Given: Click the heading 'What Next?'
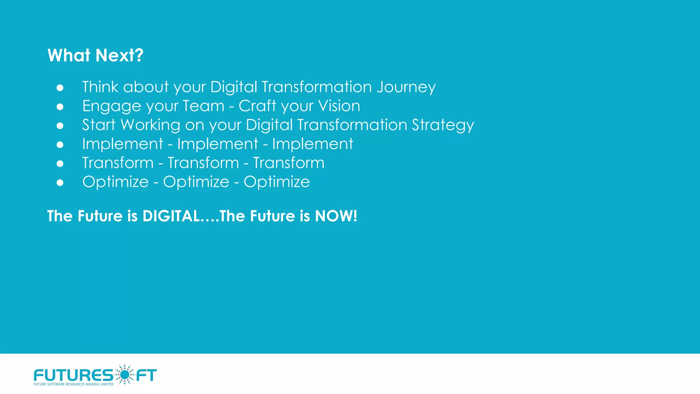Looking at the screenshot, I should (95, 55).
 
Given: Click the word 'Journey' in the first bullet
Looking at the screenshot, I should (406, 87).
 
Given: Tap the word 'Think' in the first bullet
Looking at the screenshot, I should (100, 87).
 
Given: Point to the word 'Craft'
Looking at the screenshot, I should (257, 106).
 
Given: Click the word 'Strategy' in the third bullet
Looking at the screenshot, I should (443, 125).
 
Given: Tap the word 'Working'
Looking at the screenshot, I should (150, 125).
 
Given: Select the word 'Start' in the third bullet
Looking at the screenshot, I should (99, 125).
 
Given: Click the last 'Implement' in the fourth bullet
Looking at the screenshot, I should (312, 144).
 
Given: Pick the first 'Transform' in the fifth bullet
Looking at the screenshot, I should (118, 163).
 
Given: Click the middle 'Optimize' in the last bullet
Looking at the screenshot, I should (196, 182).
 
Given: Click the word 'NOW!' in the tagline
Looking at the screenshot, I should (336, 216).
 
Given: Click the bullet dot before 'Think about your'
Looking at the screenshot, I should (60, 88).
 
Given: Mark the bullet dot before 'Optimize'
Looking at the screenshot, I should (60, 183).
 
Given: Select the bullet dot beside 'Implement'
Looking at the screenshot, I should (60, 145).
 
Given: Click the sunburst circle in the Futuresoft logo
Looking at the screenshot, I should (125, 375).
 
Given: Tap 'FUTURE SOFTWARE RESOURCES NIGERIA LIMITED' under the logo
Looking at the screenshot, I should (73, 384).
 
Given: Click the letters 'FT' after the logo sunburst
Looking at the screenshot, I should (147, 375).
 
